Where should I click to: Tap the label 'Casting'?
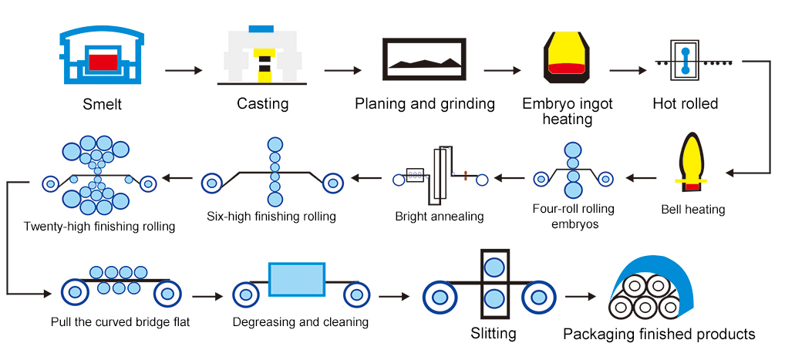[262, 103]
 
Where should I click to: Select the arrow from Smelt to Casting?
[183, 70]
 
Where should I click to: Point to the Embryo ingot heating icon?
[566, 58]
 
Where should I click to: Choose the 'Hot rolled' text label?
[685, 103]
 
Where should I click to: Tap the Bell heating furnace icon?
[692, 163]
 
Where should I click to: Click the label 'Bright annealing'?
[439, 217]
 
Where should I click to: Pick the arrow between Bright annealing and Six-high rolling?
[368, 179]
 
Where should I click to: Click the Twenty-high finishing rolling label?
[99, 227]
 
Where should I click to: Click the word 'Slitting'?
[494, 334]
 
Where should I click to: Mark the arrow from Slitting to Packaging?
[581, 296]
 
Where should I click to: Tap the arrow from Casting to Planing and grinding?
[343, 70]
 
